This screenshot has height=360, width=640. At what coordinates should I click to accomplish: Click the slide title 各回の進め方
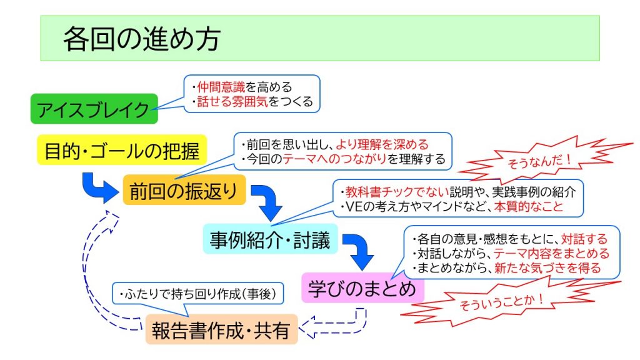(142, 39)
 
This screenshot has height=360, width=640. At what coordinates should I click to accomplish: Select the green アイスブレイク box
(94, 109)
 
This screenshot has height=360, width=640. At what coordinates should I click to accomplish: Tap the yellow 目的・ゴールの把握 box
(122, 150)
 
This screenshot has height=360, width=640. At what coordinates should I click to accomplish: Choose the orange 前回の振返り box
(184, 190)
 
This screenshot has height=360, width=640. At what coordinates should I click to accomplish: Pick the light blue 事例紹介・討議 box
(270, 239)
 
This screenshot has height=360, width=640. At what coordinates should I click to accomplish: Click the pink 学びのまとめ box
(362, 288)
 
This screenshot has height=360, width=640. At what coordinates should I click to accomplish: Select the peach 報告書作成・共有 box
(221, 329)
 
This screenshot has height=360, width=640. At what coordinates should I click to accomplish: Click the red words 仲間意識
(221, 87)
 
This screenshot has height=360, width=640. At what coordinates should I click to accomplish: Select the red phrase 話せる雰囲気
(232, 102)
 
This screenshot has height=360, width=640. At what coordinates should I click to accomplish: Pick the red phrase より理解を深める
(382, 144)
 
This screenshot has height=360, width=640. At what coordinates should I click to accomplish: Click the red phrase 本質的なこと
(529, 206)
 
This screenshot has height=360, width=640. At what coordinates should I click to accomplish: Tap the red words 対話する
(584, 239)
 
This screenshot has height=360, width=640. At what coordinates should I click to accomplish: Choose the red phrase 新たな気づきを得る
(547, 268)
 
